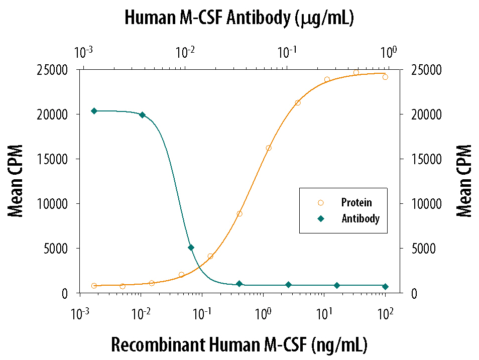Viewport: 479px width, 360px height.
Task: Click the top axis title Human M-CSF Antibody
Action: click(239, 18)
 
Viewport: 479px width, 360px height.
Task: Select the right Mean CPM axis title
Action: click(464, 181)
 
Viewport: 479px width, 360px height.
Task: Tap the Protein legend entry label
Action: click(356, 203)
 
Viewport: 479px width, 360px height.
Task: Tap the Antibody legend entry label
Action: click(360, 218)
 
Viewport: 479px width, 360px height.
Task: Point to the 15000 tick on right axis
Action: click(425, 159)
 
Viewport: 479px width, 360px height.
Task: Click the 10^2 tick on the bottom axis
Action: click(385, 314)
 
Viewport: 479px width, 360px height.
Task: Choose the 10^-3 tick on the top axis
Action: click(83, 52)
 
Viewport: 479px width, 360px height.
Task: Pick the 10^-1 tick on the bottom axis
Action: click(202, 314)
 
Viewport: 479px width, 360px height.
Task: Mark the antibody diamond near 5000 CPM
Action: click(191, 248)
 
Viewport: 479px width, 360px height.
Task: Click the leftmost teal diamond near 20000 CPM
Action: click(94, 111)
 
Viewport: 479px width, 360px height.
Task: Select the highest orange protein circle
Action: click(356, 72)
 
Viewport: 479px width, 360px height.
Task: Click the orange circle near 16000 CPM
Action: click(269, 148)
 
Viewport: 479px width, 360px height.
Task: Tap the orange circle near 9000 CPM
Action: click(240, 214)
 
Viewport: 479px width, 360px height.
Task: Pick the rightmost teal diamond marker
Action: click(385, 286)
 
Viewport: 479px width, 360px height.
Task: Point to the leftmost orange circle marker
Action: click(94, 286)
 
